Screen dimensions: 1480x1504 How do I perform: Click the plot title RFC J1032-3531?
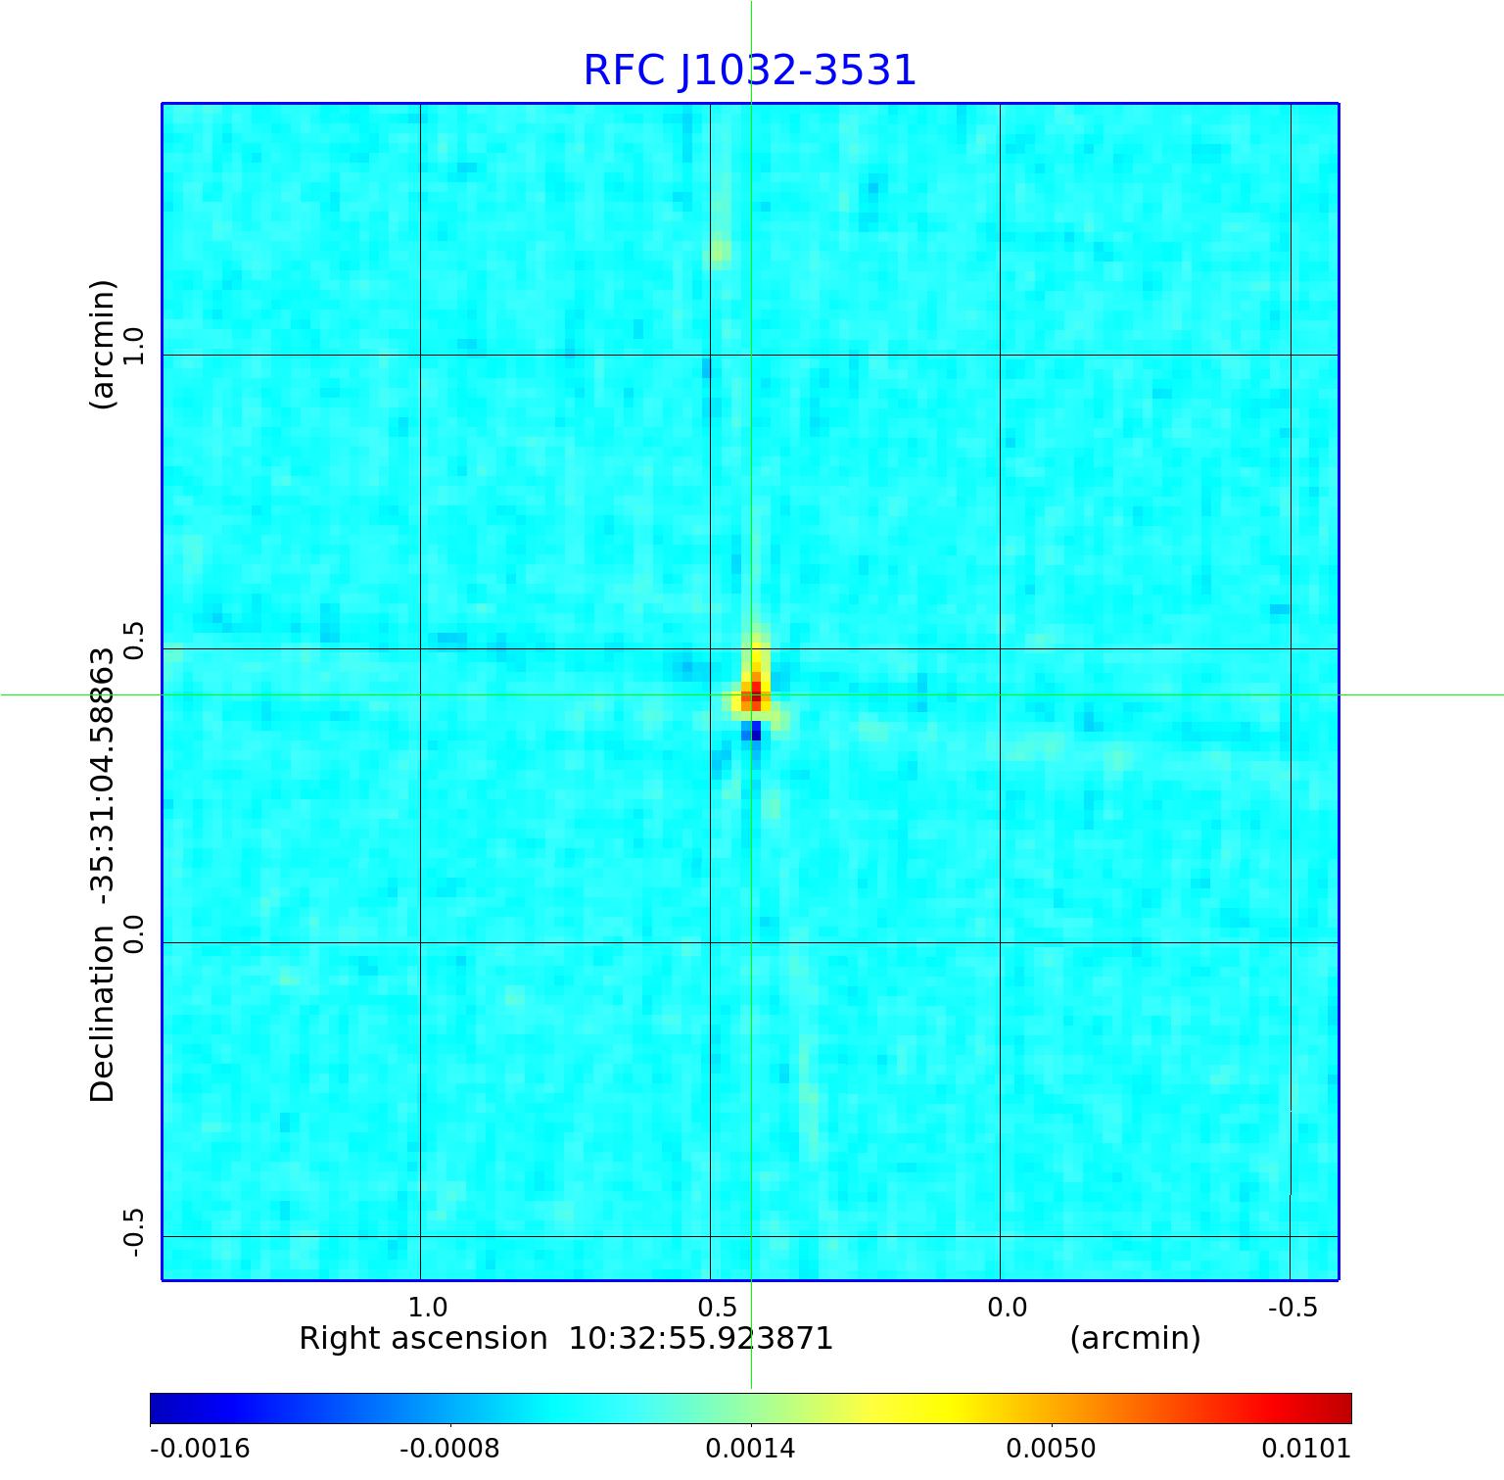pos(749,71)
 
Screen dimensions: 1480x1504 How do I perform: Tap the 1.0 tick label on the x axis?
pos(428,1308)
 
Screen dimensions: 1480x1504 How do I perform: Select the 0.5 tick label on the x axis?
pos(718,1308)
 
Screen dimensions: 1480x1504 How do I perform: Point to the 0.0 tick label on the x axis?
pos(1007,1308)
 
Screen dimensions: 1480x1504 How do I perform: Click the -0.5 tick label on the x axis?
pos(1292,1308)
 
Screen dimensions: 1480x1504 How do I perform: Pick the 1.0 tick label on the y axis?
pos(133,347)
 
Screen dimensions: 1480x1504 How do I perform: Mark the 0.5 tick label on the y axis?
pos(133,641)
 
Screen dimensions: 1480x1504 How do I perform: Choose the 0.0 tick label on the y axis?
pos(133,933)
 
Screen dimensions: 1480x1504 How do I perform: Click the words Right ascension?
pos(423,1338)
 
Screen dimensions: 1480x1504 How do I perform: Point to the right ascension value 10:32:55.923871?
pos(701,1338)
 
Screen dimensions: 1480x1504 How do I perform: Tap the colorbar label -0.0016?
pos(200,1449)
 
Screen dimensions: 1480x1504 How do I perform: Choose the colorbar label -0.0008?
pos(450,1449)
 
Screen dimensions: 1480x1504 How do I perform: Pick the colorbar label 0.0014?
pos(751,1449)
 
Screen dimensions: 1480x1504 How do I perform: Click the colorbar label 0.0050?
pos(1052,1449)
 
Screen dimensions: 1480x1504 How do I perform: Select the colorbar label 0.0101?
pos(1306,1449)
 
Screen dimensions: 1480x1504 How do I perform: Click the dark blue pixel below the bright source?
pos(755,731)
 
